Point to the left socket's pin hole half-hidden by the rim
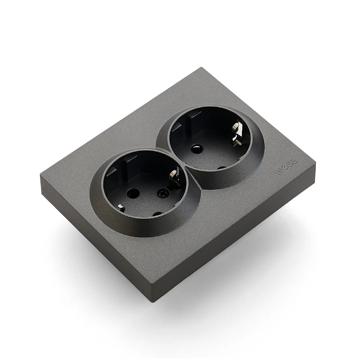157,214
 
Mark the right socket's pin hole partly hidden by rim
222,167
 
